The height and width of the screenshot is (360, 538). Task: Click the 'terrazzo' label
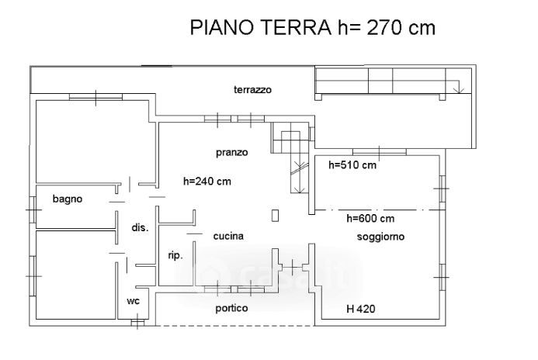tap(252, 90)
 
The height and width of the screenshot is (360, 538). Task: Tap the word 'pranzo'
tap(232, 153)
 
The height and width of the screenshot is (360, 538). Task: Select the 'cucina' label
tap(228, 236)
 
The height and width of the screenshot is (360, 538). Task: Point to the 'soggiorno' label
tap(380, 237)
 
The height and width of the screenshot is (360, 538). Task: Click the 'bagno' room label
tap(68, 199)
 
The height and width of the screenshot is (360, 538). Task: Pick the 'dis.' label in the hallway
tap(140, 227)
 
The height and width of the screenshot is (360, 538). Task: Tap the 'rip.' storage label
tap(175, 255)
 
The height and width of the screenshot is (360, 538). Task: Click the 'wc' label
tap(133, 301)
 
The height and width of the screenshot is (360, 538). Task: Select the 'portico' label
tap(231, 308)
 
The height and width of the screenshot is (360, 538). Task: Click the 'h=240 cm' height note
tap(207, 181)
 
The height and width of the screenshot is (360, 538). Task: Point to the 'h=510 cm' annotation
tap(352, 165)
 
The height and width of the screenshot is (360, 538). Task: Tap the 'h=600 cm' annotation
tap(370, 218)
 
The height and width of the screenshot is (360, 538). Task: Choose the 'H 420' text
tap(361, 309)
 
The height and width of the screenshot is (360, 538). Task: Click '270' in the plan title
tap(384, 27)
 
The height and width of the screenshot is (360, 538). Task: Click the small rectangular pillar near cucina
tap(275, 216)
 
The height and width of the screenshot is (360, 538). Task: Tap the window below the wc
tap(137, 323)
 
